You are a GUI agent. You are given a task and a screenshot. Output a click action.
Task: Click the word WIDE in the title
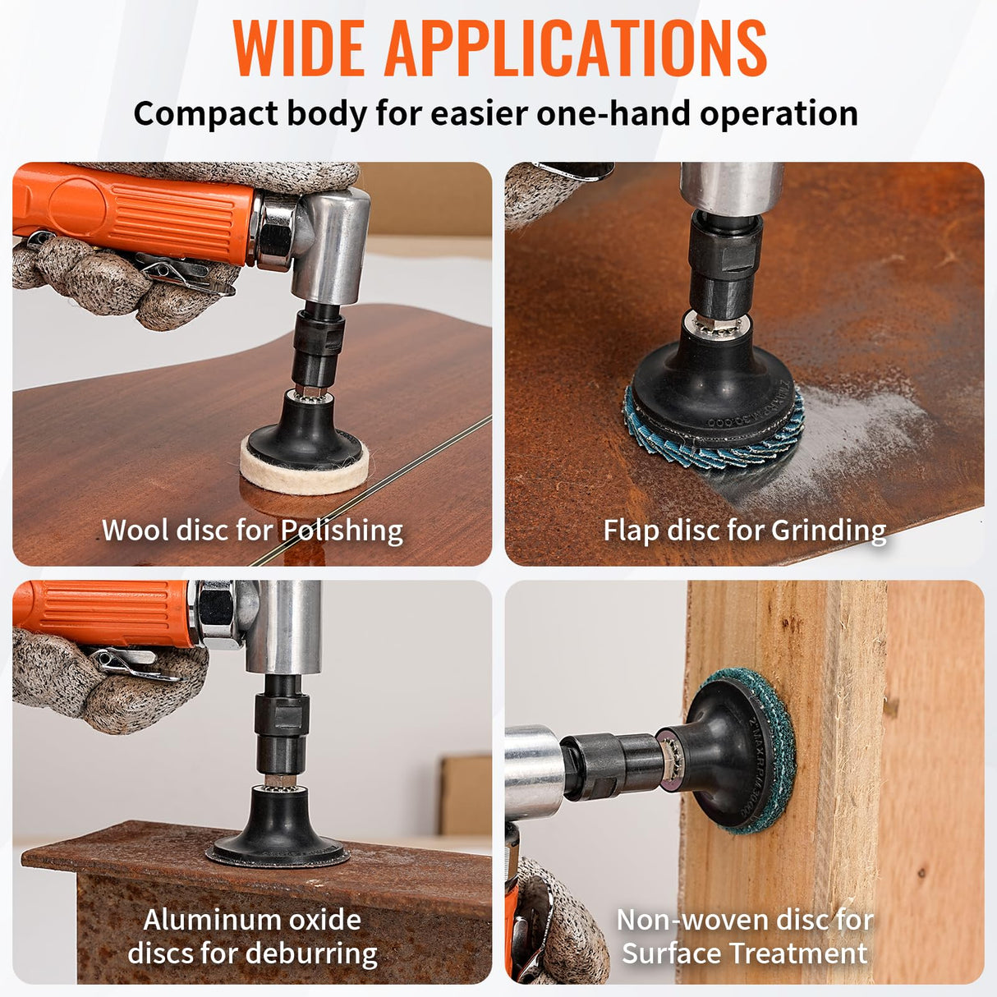[x=299, y=48]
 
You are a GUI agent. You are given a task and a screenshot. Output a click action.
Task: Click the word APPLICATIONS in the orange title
[x=577, y=48]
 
